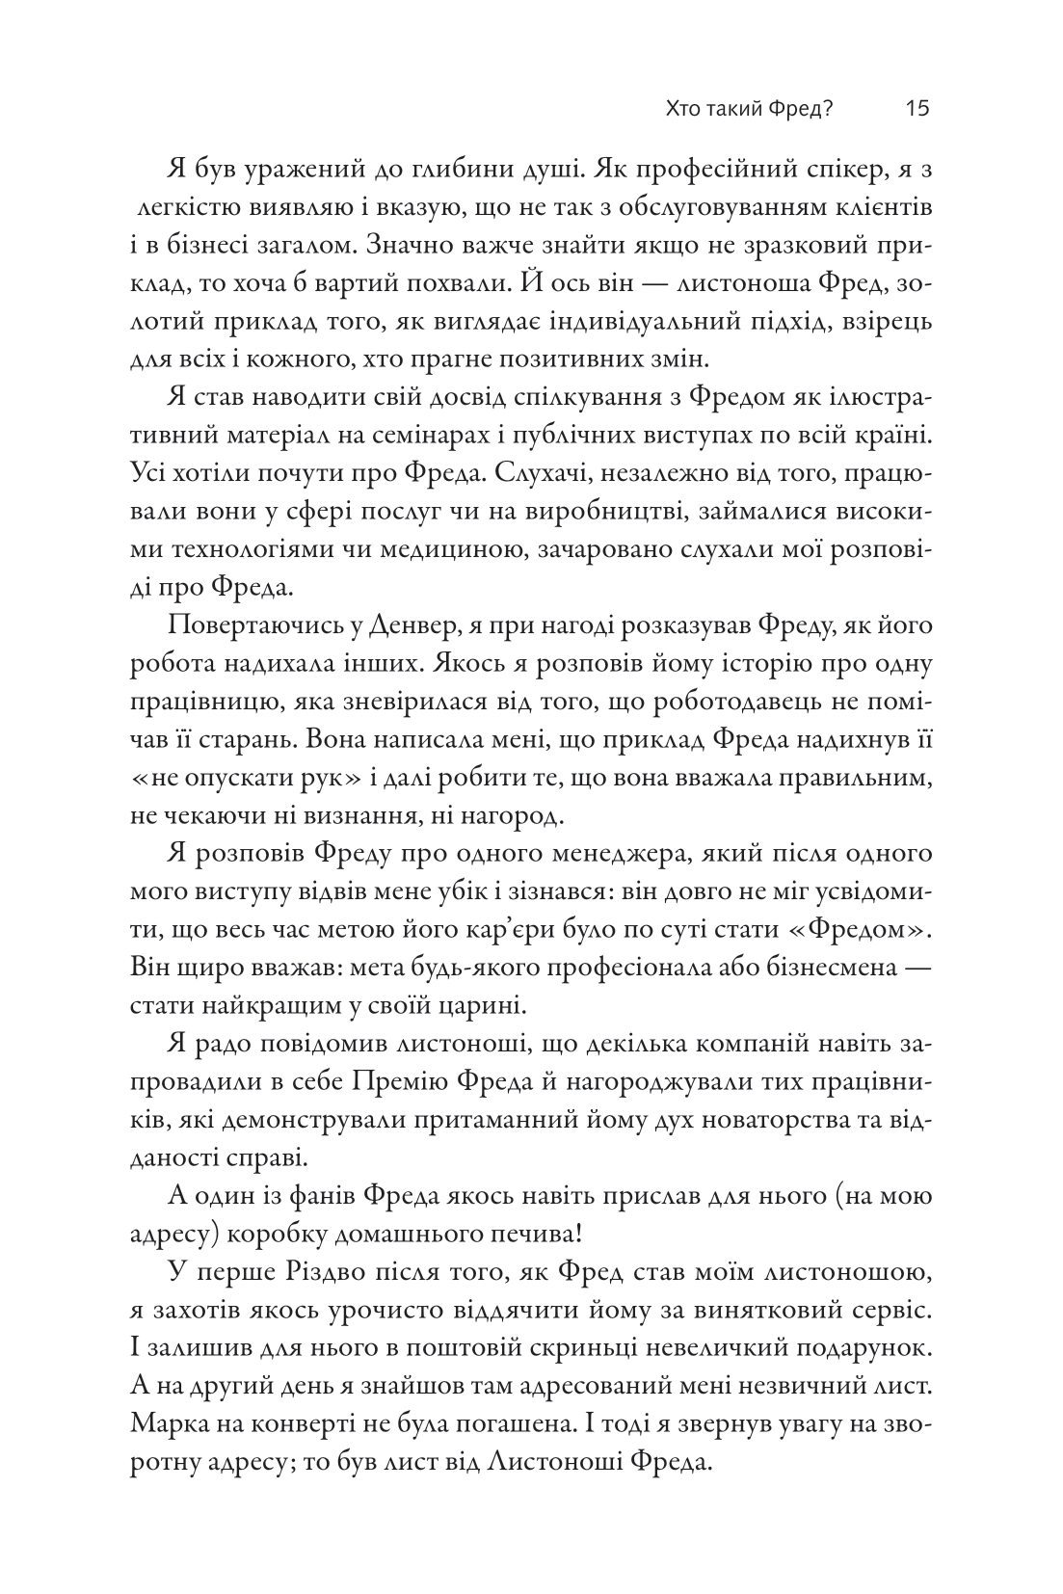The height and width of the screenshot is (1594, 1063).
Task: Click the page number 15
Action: (917, 108)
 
